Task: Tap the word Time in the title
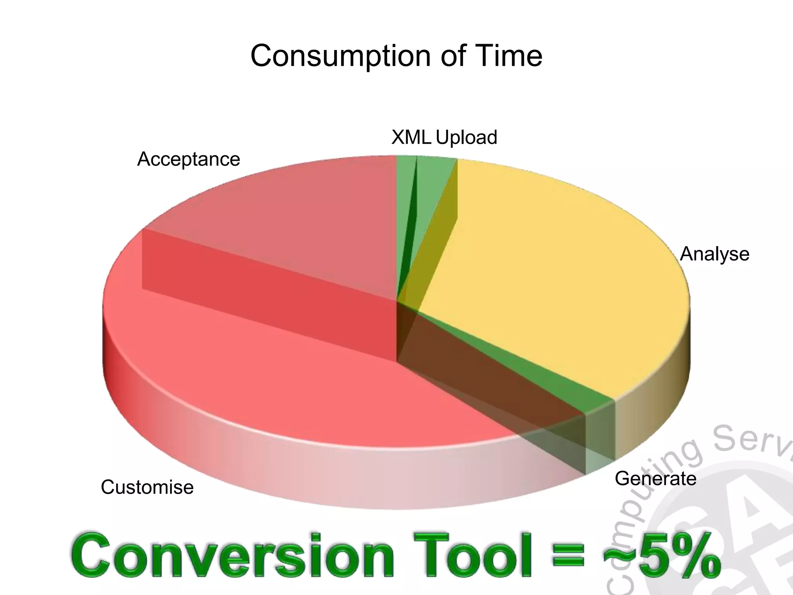coord(511,55)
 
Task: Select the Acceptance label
coord(189,159)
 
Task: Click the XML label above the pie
coord(411,137)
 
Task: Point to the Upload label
coord(467,138)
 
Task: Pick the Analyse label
coord(714,254)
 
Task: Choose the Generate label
coord(655,479)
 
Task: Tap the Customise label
coord(147,487)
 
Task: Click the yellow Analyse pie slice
coord(561,271)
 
